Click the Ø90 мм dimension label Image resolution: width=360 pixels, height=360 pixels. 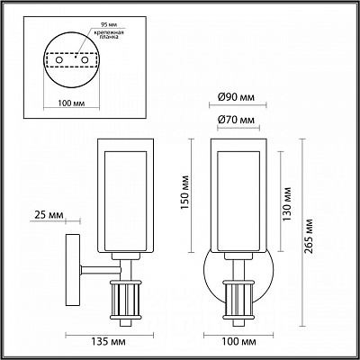(236, 97)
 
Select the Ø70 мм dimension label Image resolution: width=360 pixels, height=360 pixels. (236, 120)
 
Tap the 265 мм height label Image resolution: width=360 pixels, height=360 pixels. (309, 236)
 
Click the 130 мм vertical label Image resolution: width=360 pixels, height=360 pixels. (287, 204)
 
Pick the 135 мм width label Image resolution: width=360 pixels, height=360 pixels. (109, 342)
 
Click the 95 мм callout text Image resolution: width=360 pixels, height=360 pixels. (105, 23)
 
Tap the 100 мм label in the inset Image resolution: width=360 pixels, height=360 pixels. (71, 103)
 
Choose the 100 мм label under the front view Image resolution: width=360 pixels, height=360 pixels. (239, 342)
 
